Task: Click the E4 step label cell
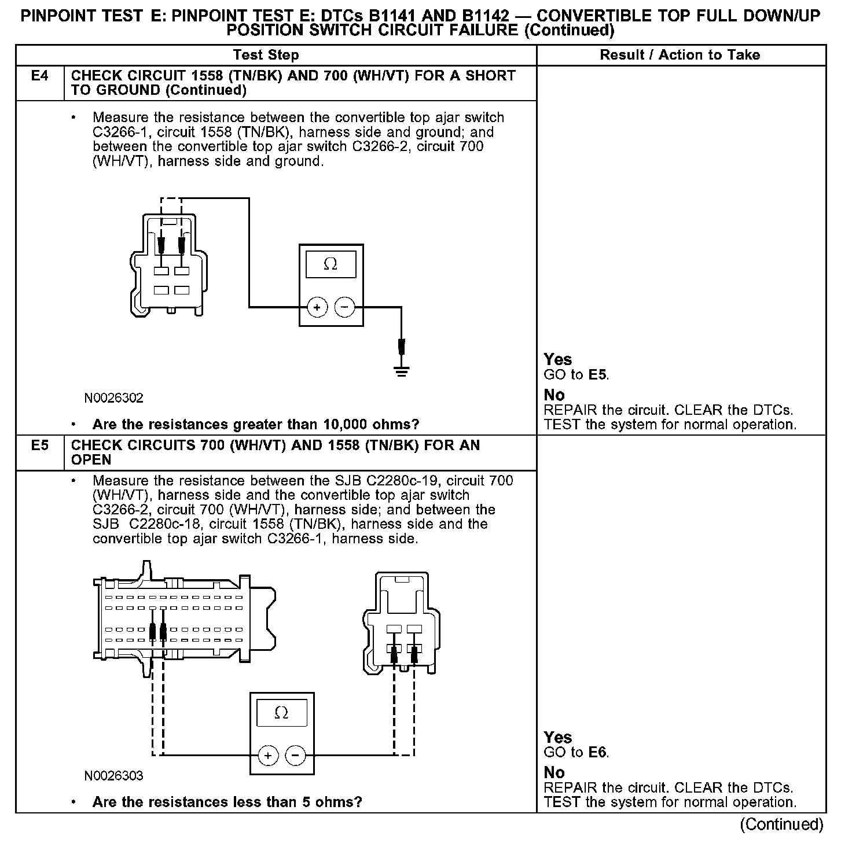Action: pyautogui.click(x=39, y=83)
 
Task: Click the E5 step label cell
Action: pyautogui.click(x=39, y=452)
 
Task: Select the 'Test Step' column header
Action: pyautogui.click(x=266, y=56)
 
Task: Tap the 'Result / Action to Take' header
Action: pyautogui.click(x=680, y=56)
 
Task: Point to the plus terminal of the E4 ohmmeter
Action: pyautogui.click(x=317, y=307)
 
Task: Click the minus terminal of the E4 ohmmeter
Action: pyautogui.click(x=345, y=307)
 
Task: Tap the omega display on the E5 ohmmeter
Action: pyautogui.click(x=281, y=713)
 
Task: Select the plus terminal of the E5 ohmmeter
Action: pyautogui.click(x=267, y=755)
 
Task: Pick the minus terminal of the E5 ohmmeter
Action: pyautogui.click(x=296, y=755)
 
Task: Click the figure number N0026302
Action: pyautogui.click(x=113, y=398)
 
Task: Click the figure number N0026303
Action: pyautogui.click(x=113, y=776)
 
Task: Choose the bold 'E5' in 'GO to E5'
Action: pyautogui.click(x=598, y=375)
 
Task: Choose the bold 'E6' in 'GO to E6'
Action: pyautogui.click(x=598, y=753)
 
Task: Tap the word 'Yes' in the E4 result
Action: pyautogui.click(x=557, y=359)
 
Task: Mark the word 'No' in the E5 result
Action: pyautogui.click(x=554, y=772)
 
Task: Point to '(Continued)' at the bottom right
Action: pyautogui.click(x=781, y=824)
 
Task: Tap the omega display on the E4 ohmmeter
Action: pyautogui.click(x=330, y=264)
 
